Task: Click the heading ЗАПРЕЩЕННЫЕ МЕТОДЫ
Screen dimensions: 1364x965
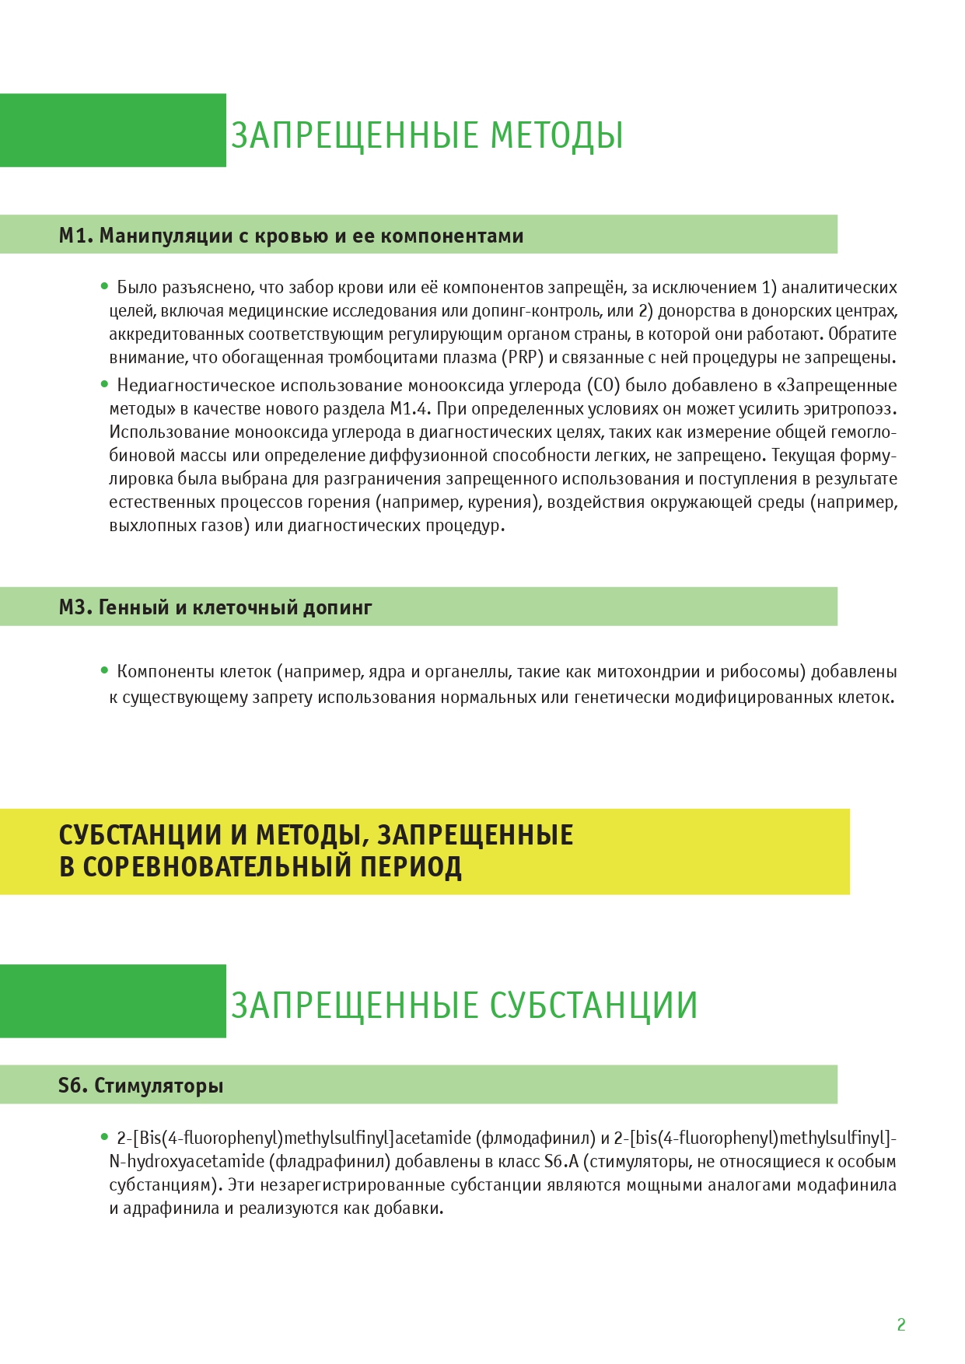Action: pos(427,135)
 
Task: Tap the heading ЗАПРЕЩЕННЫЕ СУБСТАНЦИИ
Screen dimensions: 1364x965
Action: pos(463,1005)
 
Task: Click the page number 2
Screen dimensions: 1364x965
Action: pos(901,1324)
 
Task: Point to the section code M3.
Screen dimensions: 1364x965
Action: pos(75,607)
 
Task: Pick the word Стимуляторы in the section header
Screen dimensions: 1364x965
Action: pos(159,1086)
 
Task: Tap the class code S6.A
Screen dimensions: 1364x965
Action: pos(561,1162)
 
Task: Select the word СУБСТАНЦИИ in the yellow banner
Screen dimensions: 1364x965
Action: pos(141,835)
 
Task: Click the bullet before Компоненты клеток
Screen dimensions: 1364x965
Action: pos(104,670)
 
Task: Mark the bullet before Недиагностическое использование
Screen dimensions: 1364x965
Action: pos(104,384)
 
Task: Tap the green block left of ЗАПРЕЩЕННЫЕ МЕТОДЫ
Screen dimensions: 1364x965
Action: pos(113,131)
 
